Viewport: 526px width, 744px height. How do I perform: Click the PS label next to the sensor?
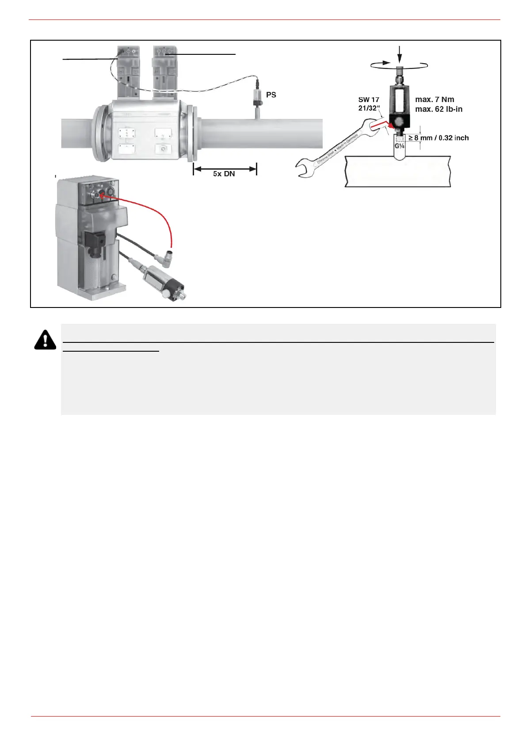[x=271, y=95]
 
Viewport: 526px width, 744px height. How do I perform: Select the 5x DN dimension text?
[x=224, y=174]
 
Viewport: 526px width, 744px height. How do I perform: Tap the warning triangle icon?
[x=45, y=339]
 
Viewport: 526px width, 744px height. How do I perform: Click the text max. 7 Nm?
[x=435, y=100]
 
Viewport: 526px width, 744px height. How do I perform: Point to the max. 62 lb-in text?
[x=438, y=109]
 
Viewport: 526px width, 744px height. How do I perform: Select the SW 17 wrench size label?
[x=369, y=100]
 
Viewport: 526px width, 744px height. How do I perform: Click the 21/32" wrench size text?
[x=369, y=108]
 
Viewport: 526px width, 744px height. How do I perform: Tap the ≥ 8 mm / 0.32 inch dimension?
[x=438, y=138]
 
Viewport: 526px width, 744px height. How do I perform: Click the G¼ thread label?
[x=400, y=145]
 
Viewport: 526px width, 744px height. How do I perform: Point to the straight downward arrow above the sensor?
[x=400, y=55]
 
